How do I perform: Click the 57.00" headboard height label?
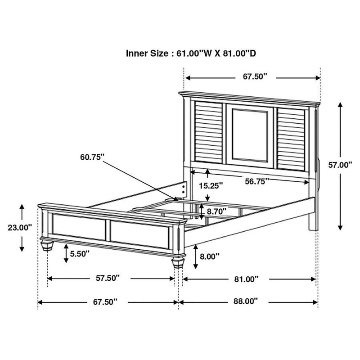[340, 165]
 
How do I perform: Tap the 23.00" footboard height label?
[19, 228]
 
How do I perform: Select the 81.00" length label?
[246, 279]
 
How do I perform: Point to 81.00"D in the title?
[238, 54]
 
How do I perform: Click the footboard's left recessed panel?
[78, 226]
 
